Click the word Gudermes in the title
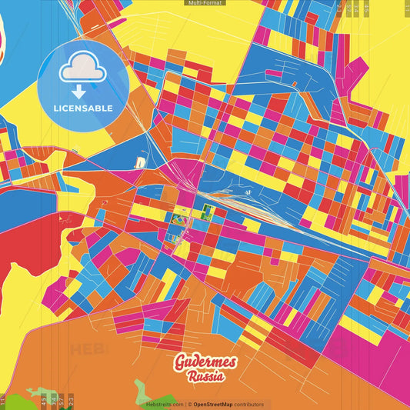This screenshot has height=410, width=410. tap(205, 362)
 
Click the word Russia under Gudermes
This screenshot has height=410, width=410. tap(205, 376)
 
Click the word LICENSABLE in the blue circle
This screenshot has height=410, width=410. tap(83, 108)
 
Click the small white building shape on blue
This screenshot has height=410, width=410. tap(141, 163)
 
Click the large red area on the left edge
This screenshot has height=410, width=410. tap(23, 246)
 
